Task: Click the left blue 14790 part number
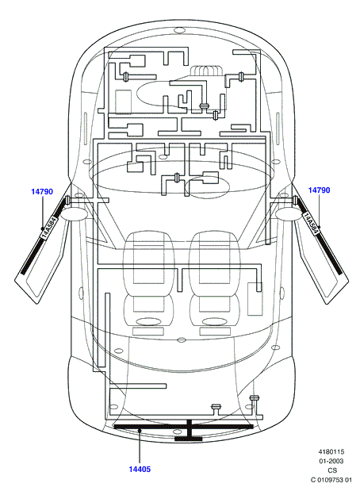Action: [x=42, y=191]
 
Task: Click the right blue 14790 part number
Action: [x=319, y=190]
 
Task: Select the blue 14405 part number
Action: [x=140, y=469]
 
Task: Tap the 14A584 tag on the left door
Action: [x=49, y=227]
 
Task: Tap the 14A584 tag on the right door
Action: [x=311, y=224]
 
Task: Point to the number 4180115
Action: [x=331, y=452]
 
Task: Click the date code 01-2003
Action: [x=331, y=461]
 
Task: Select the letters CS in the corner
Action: [x=332, y=470]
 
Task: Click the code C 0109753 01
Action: [x=331, y=480]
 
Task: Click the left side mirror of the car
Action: [x=74, y=214]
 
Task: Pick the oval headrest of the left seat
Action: [x=148, y=321]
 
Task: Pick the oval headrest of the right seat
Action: [x=215, y=321]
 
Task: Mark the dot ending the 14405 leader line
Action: [x=140, y=431]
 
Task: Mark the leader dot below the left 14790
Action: [x=42, y=228]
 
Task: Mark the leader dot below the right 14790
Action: [x=320, y=227]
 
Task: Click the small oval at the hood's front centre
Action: [x=179, y=30]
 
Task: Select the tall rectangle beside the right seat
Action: [x=255, y=299]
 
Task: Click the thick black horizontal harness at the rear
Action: [x=183, y=427]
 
